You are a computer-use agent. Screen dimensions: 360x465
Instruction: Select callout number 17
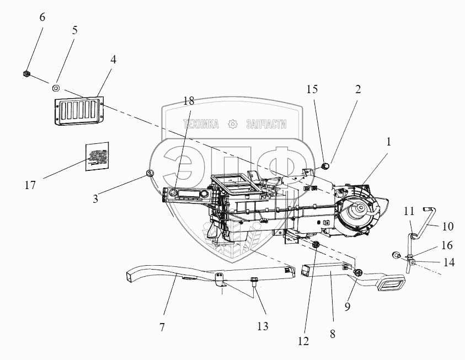tap(30, 185)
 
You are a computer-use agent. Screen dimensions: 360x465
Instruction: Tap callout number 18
tap(189, 100)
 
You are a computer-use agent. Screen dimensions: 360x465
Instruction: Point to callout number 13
tap(263, 326)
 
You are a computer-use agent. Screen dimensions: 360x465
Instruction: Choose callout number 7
tap(162, 327)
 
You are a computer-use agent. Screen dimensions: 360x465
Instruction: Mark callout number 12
tap(303, 341)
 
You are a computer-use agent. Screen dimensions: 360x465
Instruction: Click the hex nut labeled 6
tap(26, 74)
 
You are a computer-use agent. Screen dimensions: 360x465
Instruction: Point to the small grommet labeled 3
tap(149, 173)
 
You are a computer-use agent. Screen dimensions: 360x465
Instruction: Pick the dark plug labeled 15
tap(325, 165)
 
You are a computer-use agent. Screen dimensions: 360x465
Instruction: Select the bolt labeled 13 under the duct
tap(254, 282)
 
